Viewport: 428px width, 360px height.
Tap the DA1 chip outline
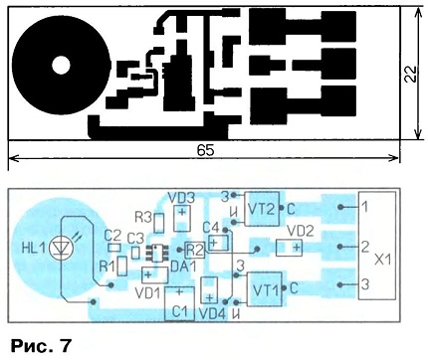[156, 254]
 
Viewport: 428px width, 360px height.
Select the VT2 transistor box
[262, 209]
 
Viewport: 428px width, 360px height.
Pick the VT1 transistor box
[265, 289]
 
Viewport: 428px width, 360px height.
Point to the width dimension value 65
[205, 151]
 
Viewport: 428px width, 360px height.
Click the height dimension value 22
[410, 75]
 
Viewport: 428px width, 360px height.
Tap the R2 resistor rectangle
[195, 250]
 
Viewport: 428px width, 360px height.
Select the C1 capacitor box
[179, 304]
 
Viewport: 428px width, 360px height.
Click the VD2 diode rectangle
[289, 248]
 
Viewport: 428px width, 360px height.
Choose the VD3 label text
[181, 198]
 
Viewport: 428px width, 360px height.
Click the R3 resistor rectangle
[159, 223]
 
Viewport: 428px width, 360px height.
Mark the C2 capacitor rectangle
[114, 248]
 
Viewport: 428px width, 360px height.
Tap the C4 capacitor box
[219, 243]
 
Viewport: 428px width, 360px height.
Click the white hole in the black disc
[61, 65]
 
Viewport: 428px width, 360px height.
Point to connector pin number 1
[364, 207]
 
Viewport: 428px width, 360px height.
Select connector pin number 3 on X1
[364, 284]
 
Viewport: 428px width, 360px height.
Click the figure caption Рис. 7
[41, 346]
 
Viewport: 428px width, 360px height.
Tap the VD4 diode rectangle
[209, 290]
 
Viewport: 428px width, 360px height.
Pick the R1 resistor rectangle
[122, 266]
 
